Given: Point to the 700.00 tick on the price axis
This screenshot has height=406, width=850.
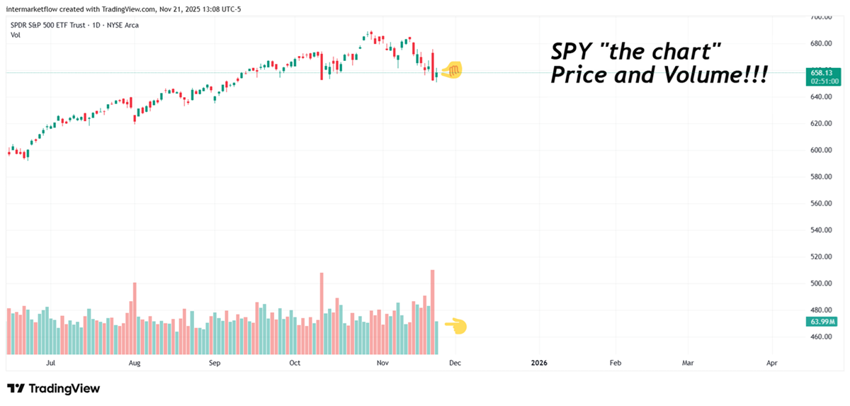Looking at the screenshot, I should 821,17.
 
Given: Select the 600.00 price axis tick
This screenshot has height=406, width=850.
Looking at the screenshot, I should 821,150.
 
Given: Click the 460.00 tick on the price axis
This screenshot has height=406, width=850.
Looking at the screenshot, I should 821,337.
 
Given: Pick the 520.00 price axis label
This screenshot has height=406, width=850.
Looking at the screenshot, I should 821,257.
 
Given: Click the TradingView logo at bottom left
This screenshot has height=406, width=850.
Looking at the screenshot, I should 54,388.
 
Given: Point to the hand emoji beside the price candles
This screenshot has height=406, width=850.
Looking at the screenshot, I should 451,69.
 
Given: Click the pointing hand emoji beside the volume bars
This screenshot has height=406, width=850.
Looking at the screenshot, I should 455,326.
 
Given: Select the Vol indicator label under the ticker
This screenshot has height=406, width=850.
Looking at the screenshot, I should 15,35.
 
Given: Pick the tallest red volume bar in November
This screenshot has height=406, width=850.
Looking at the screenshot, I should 432,312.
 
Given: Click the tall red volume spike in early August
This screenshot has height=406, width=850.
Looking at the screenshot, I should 135,318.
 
